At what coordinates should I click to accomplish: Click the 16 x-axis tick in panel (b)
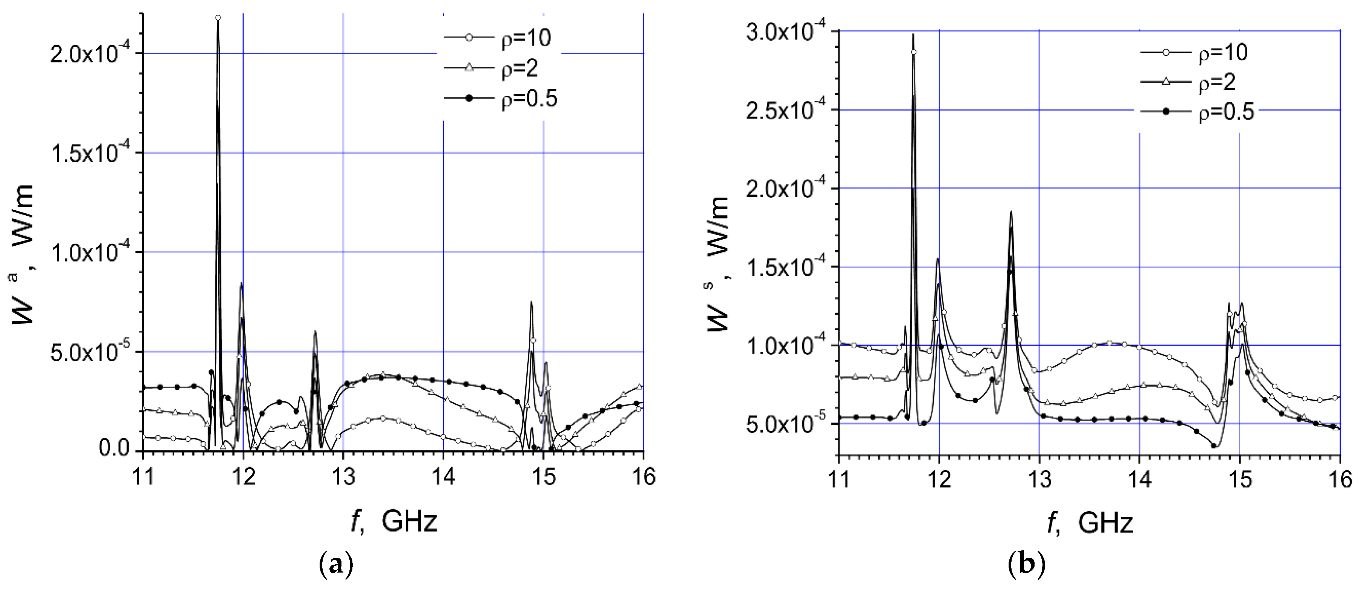1339,480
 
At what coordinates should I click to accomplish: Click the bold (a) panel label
337,566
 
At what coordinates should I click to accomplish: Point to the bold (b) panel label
1027,566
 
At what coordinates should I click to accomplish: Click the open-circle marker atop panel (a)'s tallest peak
218,17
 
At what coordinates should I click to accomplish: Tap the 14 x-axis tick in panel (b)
1139,480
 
